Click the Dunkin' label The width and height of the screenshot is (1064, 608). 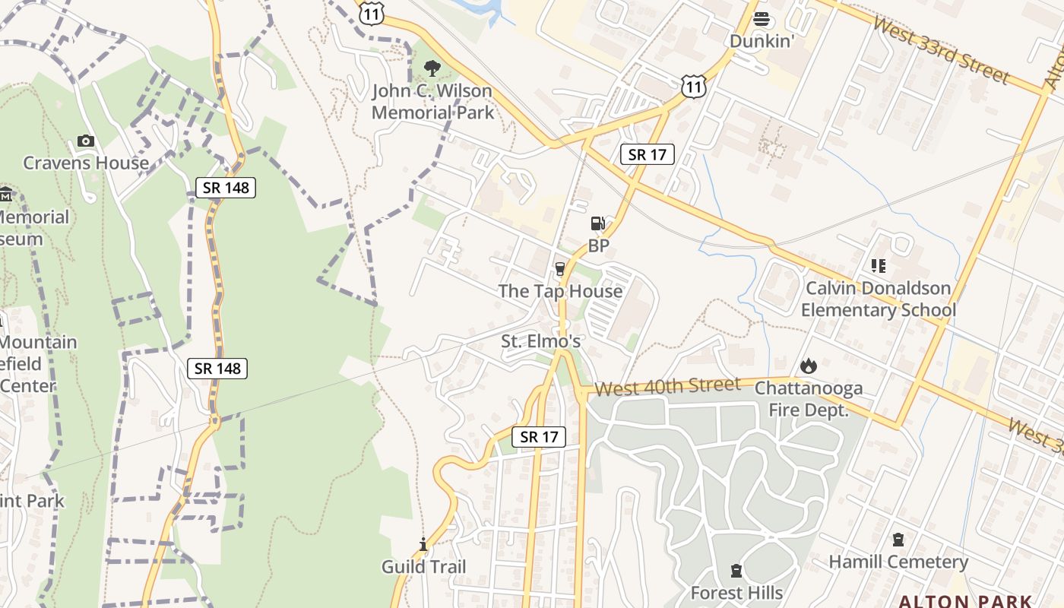762,41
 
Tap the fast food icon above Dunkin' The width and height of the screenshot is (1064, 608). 761,19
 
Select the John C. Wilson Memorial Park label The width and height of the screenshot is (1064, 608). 432,102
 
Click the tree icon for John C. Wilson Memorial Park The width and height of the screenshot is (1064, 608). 432,68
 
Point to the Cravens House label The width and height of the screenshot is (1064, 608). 86,163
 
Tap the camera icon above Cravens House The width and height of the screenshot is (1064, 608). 86,141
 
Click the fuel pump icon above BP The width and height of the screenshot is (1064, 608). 598,223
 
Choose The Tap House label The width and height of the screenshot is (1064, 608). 560,291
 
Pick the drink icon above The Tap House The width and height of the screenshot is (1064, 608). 560,268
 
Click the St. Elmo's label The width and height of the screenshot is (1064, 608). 540,341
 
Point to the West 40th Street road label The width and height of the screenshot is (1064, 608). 667,387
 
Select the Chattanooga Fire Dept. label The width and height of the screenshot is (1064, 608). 809,400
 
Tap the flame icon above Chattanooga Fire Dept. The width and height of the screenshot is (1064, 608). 809,366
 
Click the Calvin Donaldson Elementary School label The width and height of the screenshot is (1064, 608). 879,299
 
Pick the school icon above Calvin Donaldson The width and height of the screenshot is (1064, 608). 879,265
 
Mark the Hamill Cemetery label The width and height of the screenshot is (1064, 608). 898,562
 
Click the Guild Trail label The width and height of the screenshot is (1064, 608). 423,566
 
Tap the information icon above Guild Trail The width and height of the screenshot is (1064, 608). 423,544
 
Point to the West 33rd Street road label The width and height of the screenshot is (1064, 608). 940,49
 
